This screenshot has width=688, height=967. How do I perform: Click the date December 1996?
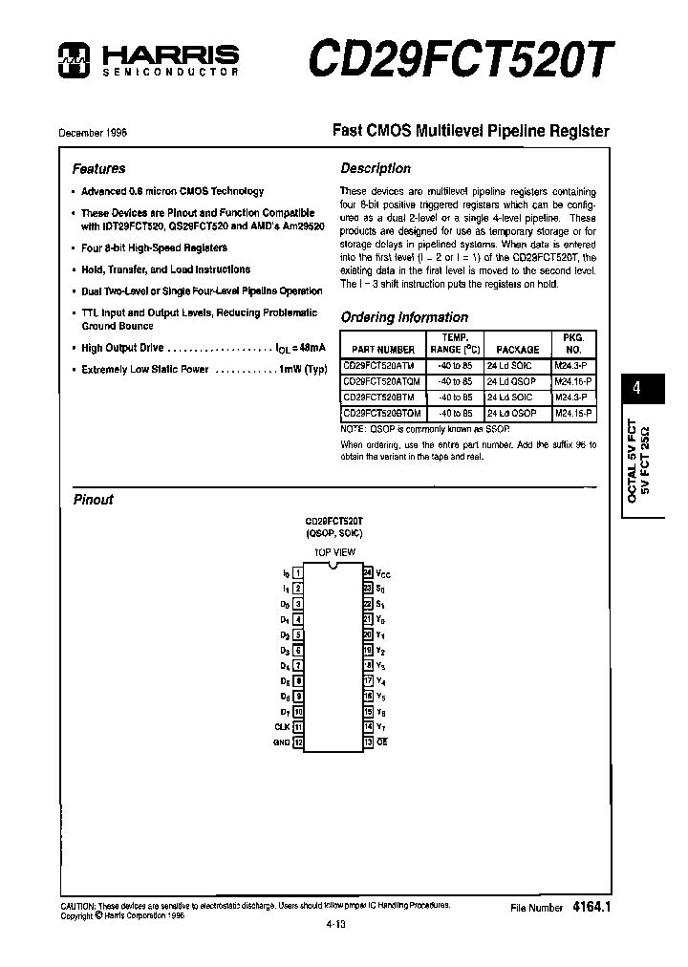(93, 133)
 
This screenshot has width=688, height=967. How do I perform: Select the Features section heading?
(99, 169)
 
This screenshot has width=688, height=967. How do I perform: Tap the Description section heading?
(376, 168)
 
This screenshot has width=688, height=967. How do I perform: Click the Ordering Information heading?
(404, 317)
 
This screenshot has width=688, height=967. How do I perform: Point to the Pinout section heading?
(94, 500)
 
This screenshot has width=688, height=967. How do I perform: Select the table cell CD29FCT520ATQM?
(381, 380)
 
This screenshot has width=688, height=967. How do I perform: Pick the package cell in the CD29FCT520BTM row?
(509, 397)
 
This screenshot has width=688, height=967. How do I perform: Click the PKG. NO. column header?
(573, 344)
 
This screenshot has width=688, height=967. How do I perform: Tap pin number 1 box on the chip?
(298, 573)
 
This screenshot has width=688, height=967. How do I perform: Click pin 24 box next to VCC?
(367, 573)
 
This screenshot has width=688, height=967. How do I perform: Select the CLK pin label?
(282, 727)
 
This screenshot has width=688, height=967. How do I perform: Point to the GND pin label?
(281, 742)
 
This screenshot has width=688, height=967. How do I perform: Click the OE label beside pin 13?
(382, 742)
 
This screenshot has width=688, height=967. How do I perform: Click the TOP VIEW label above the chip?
(334, 552)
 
